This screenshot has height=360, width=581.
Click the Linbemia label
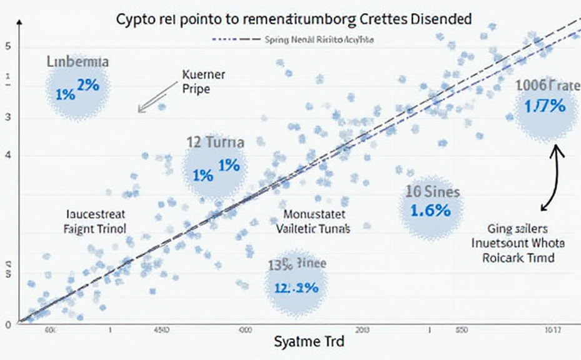pos(77,62)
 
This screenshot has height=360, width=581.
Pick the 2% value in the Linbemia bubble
pos(87,85)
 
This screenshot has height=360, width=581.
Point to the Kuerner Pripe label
pos(203,81)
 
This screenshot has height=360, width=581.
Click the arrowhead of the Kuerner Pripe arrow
pos(141,111)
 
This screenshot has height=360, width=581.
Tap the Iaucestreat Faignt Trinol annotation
pos(95,221)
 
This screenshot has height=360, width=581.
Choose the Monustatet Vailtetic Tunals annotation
pos(313,221)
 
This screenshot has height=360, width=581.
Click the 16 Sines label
pos(432,191)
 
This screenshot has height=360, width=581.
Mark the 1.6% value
pos(430,210)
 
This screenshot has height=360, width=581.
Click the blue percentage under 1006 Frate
pos(544,106)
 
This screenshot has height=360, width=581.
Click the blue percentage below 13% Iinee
pos(296,287)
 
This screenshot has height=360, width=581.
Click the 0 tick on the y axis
pos(8,324)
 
